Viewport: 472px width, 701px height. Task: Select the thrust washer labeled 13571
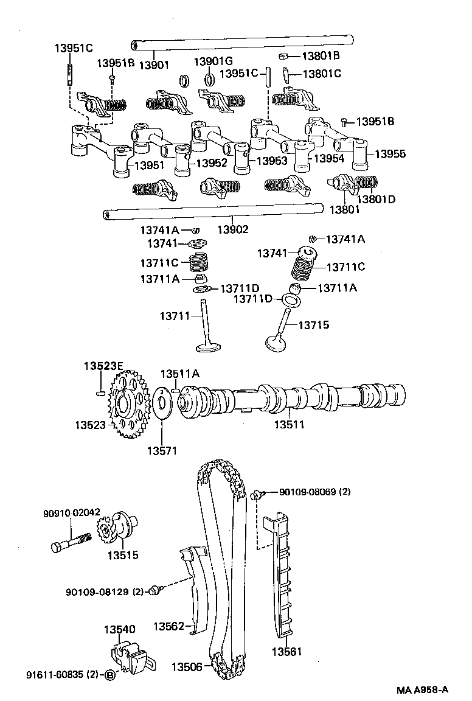coord(162,403)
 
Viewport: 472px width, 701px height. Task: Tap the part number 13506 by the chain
coord(186,667)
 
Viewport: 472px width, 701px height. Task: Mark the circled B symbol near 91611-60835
coord(109,675)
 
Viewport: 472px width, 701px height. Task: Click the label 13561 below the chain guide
coord(286,652)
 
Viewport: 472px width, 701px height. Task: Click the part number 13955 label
coord(390,154)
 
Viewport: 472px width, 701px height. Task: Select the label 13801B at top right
coord(321,57)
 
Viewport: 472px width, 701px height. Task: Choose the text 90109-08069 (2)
coord(315,491)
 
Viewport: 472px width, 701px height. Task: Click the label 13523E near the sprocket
coord(103,365)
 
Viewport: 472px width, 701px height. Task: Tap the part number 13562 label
coord(168,626)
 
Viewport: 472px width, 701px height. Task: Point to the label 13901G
coord(213,61)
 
